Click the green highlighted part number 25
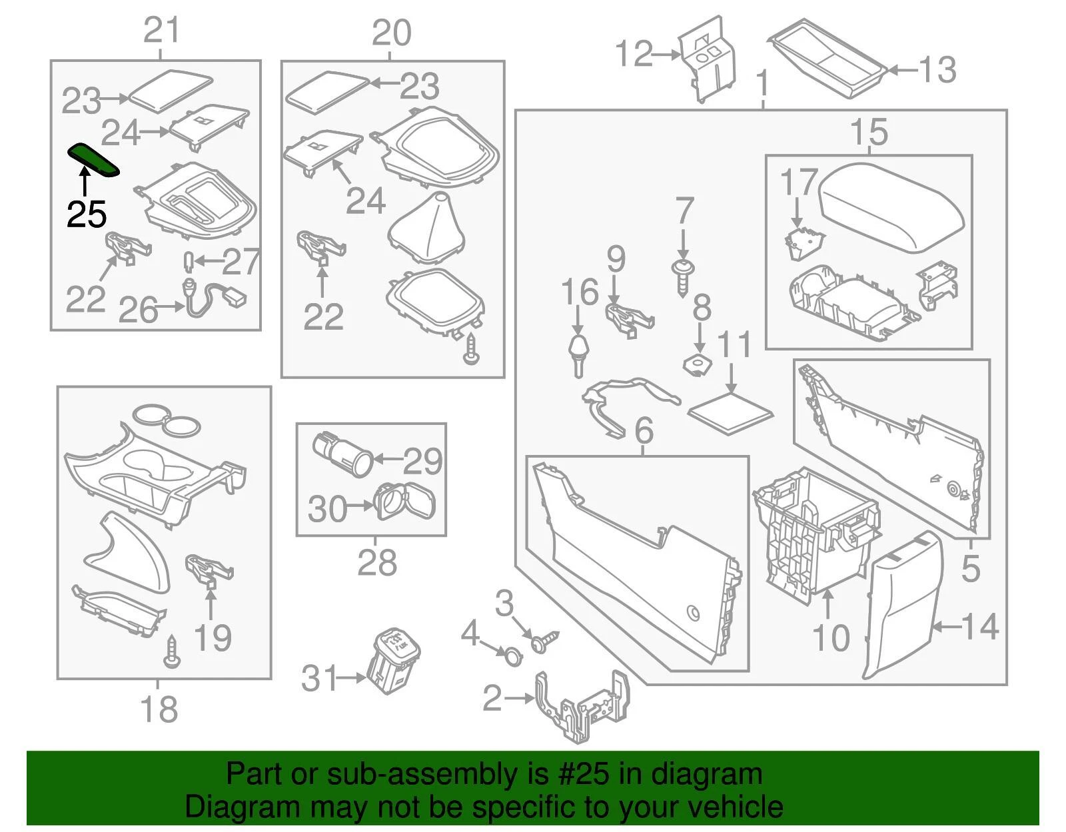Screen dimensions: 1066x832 pyautogui.click(x=93, y=160)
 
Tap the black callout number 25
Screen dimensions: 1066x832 pyautogui.click(x=87, y=214)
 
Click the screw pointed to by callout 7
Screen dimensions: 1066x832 pyautogui.click(x=682, y=278)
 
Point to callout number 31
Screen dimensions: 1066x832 pyautogui.click(x=319, y=679)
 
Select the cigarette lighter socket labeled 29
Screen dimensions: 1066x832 pyautogui.click(x=342, y=454)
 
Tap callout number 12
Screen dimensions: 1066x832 pyautogui.click(x=634, y=53)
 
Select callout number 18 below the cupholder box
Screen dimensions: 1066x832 pyautogui.click(x=159, y=709)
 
